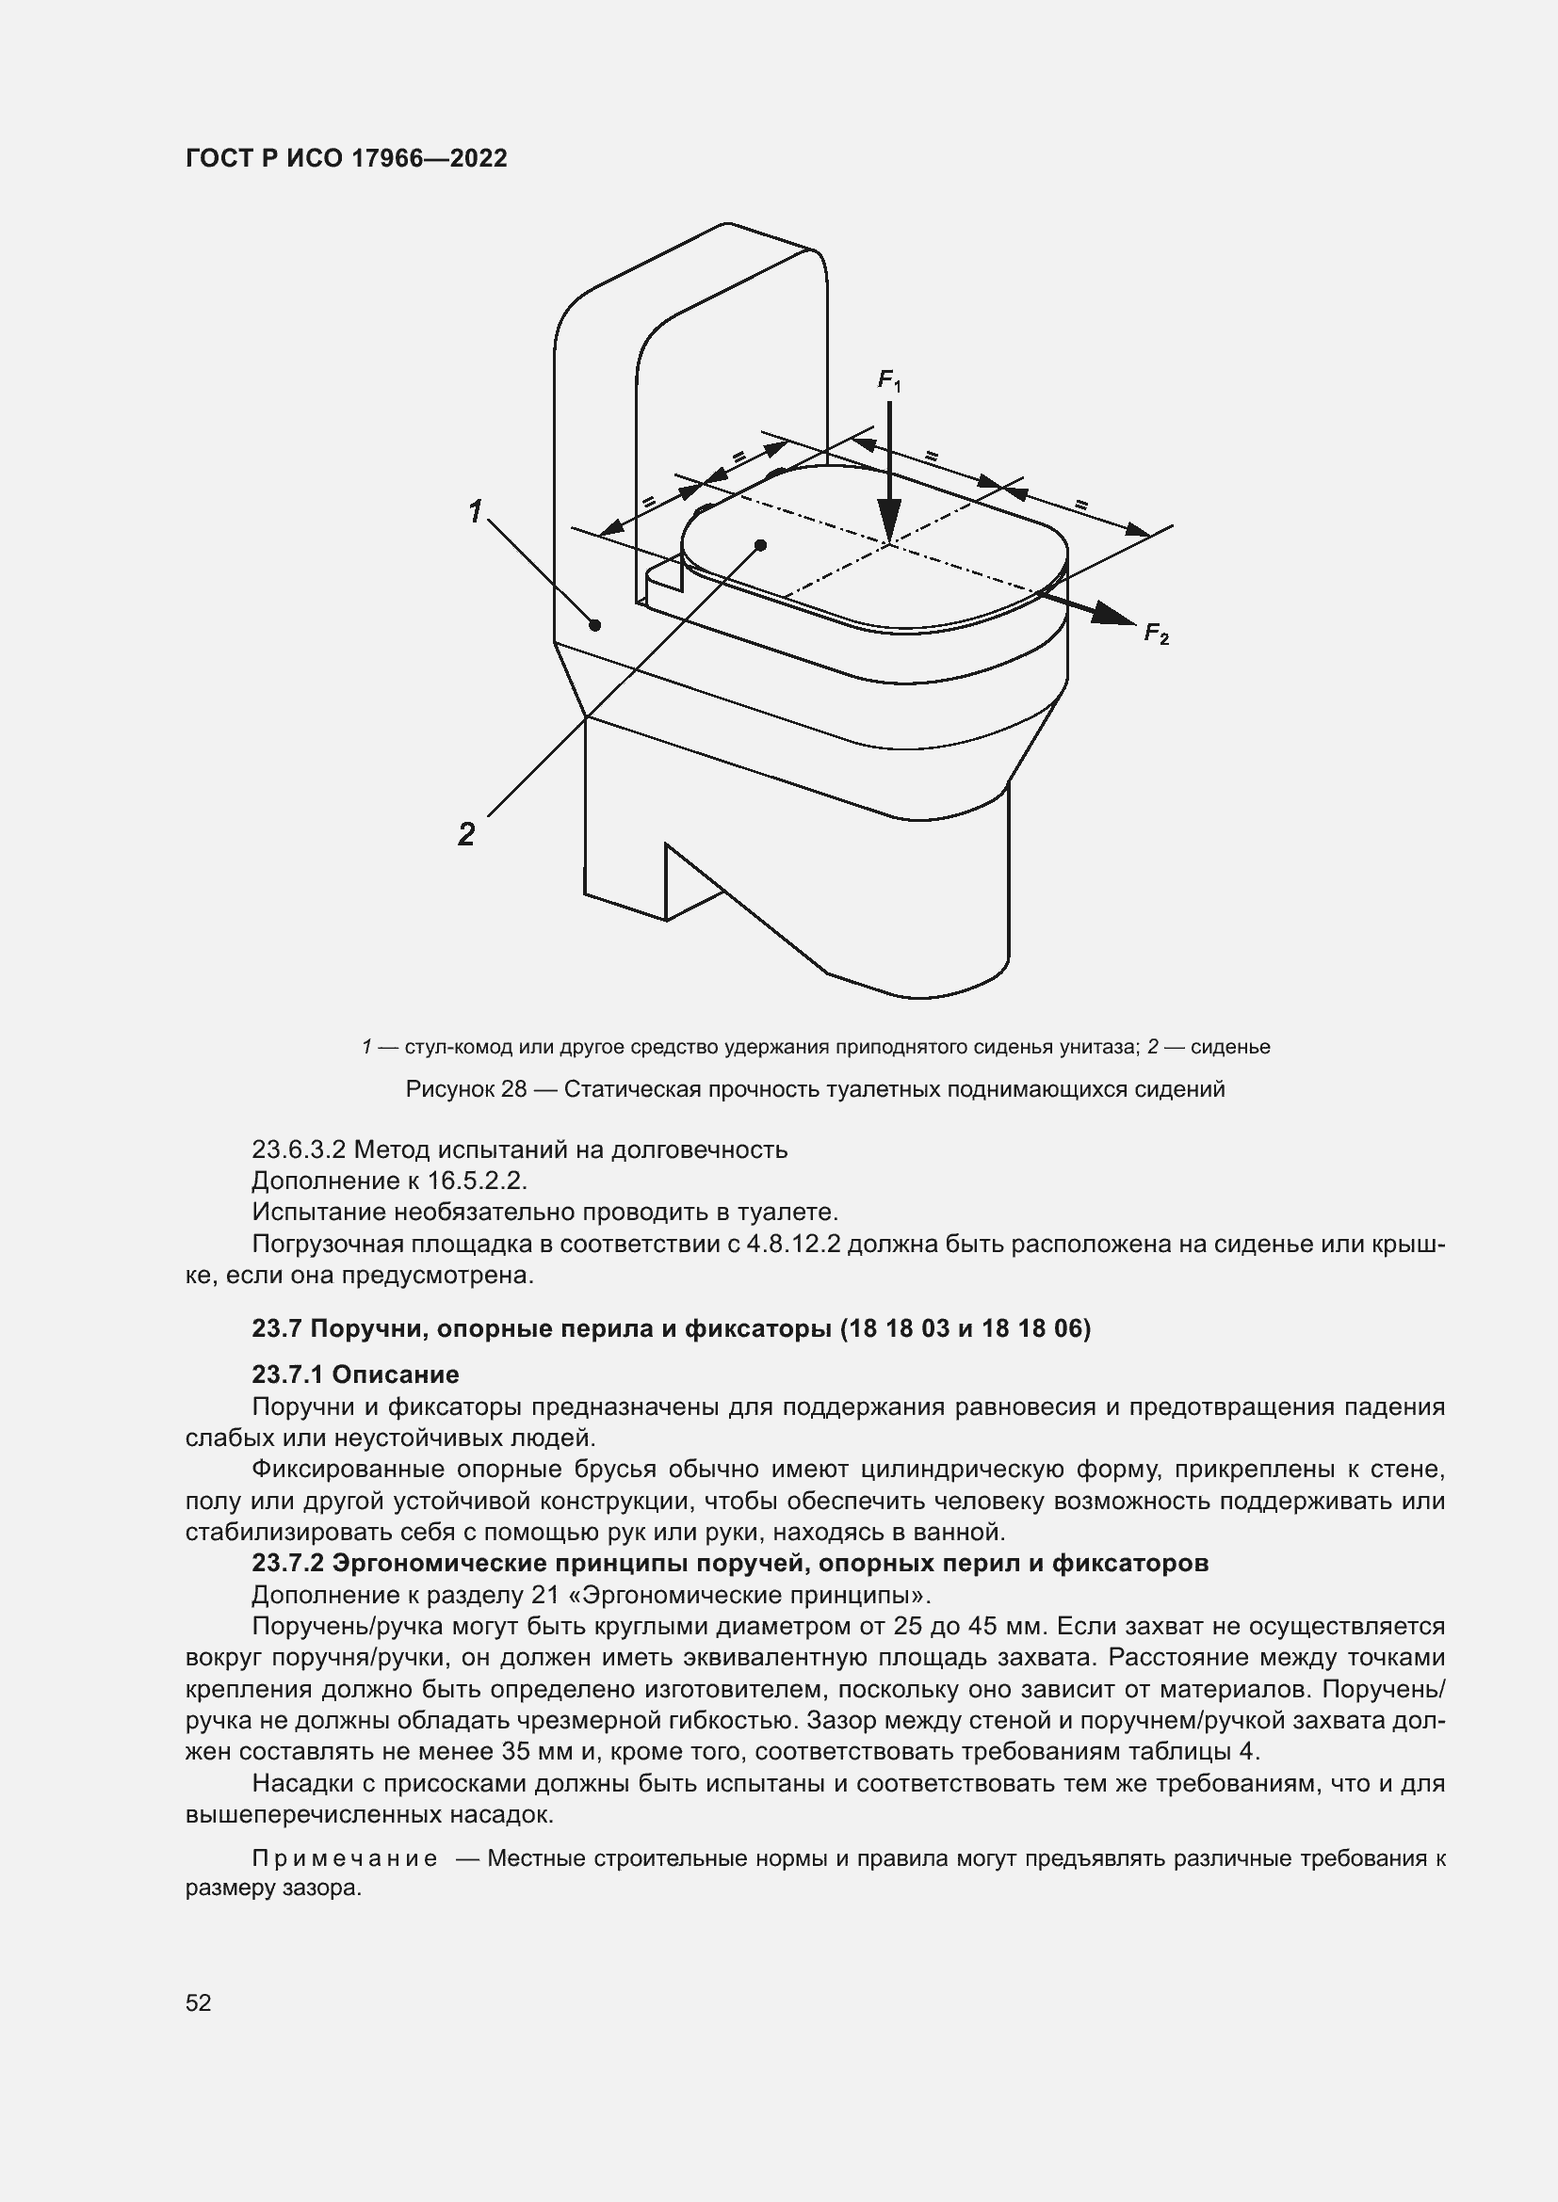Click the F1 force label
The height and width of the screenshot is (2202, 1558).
point(888,381)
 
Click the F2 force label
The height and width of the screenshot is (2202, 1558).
point(1156,634)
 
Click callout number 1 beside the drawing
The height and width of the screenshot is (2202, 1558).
point(475,512)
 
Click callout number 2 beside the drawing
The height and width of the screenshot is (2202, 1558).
point(466,834)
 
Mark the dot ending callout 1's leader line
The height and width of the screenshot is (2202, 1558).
point(594,625)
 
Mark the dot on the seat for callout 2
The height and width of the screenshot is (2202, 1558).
point(761,545)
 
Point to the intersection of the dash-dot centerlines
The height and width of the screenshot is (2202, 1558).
point(889,545)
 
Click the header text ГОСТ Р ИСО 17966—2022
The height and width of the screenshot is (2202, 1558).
point(347,158)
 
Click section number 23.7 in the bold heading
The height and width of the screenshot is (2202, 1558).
point(276,1328)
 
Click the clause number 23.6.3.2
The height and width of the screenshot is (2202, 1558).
point(298,1149)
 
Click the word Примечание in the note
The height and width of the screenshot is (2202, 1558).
point(345,1857)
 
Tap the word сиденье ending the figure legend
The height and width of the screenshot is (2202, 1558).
point(1230,1046)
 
